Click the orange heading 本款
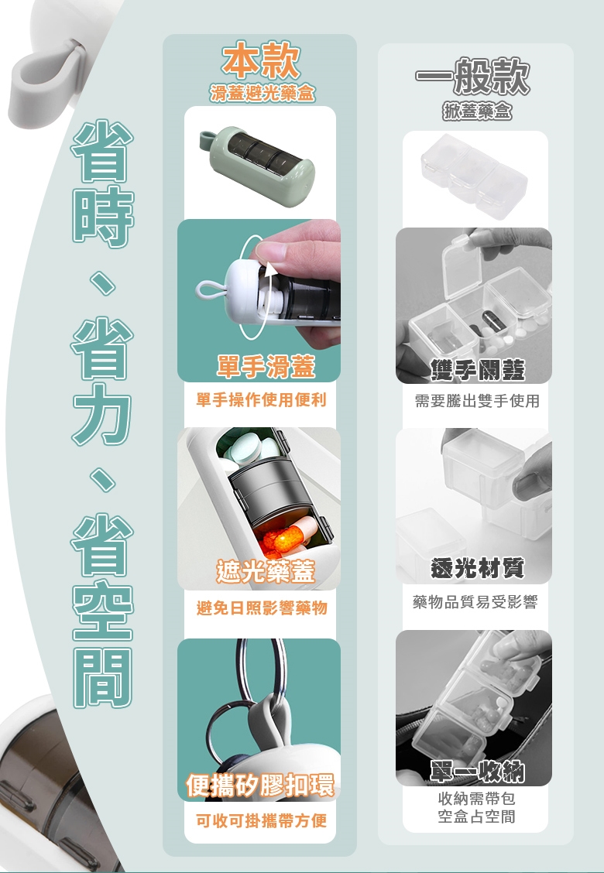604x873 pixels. click(x=261, y=60)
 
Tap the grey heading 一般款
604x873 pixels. click(x=472, y=76)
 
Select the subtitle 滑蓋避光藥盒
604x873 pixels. click(x=263, y=93)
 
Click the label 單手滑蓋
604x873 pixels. click(x=266, y=366)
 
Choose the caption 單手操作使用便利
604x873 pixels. click(x=261, y=400)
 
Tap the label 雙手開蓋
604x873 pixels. click(x=478, y=369)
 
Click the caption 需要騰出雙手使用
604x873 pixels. click(x=477, y=400)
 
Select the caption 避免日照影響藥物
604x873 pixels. click(x=262, y=608)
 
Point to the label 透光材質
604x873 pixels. click(x=477, y=568)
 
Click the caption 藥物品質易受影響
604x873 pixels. click(x=475, y=602)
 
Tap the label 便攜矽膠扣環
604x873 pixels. click(x=260, y=785)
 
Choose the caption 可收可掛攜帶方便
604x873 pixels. click(x=261, y=820)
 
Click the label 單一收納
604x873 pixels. click(x=477, y=771)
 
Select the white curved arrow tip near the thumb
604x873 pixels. click(x=270, y=269)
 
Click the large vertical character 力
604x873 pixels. click(x=102, y=413)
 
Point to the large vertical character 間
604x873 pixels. click(x=102, y=677)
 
